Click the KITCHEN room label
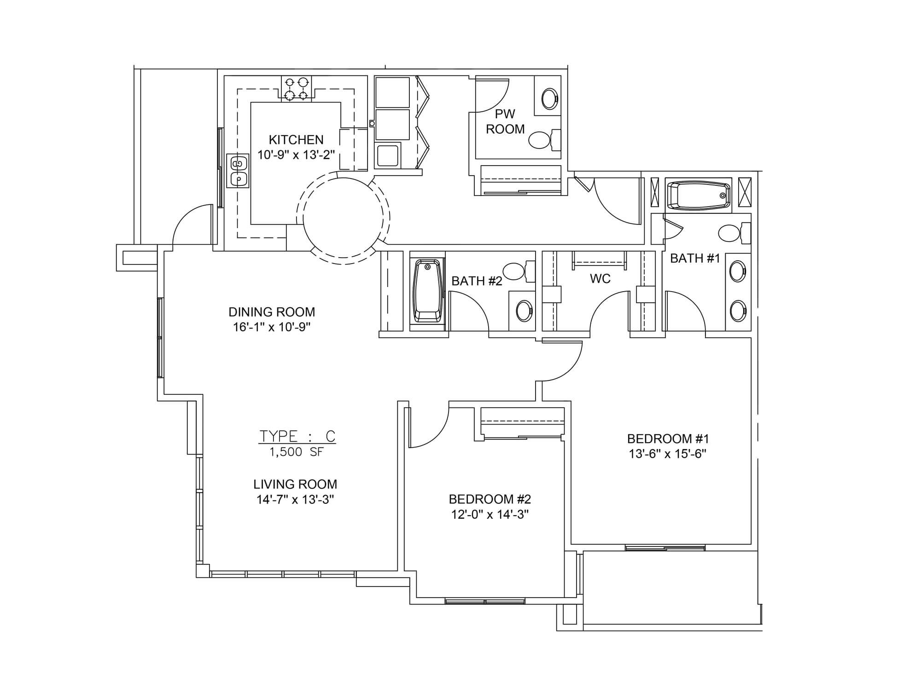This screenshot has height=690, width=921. [296, 139]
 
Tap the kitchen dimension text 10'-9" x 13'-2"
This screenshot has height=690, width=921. [296, 155]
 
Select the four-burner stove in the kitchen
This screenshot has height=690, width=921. [296, 88]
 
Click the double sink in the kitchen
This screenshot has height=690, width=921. [238, 171]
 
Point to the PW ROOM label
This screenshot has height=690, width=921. [505, 121]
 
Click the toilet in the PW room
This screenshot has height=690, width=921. [543, 140]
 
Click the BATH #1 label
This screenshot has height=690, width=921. [695, 259]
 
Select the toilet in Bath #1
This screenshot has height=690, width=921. [734, 233]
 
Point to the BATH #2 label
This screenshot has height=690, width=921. [477, 281]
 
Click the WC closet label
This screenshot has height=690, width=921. [600, 278]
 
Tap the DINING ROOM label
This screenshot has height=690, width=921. [272, 312]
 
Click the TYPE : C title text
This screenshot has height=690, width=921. [297, 436]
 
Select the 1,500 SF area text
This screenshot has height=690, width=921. [297, 452]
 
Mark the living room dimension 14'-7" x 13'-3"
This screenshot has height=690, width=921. [295, 500]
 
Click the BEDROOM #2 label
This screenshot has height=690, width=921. [490, 499]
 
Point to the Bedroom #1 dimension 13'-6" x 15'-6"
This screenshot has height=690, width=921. [668, 454]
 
